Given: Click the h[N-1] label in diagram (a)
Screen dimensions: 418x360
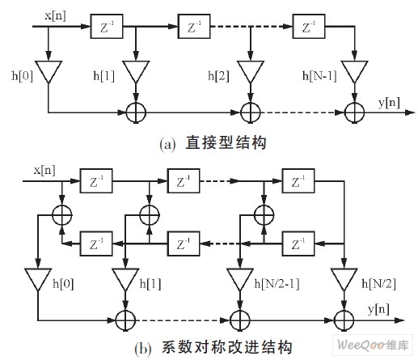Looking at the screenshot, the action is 319,76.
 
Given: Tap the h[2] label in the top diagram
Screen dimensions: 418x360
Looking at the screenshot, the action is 218,76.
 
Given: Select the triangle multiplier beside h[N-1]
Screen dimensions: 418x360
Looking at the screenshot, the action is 354,71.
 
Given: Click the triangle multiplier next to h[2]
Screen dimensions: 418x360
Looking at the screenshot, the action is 251,71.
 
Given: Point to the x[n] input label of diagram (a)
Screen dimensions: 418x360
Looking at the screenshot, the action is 55,15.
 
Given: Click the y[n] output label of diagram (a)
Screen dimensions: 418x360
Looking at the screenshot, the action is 389,103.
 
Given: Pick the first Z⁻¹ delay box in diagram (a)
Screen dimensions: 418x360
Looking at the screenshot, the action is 107,27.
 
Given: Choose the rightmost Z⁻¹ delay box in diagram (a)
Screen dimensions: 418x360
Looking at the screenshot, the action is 309,27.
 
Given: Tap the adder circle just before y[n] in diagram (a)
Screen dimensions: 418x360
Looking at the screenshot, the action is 355,112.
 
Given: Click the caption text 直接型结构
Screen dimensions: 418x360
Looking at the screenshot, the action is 226,142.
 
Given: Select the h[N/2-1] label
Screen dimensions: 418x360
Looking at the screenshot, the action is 277,284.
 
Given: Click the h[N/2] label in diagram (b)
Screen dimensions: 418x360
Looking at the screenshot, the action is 378,284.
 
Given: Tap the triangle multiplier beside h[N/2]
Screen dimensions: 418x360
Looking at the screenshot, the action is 344,279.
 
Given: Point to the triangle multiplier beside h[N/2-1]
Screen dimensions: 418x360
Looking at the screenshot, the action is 240,279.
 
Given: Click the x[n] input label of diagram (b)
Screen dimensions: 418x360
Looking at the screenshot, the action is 44,170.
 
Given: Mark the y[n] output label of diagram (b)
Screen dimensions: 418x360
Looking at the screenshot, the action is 378,309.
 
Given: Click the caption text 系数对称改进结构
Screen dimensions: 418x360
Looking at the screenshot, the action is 227,347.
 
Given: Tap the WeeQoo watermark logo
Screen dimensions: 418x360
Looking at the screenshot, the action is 373,345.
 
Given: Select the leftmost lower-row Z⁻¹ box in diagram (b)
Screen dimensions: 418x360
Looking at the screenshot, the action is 96,244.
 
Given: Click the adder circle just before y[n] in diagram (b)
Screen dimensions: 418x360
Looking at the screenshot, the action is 344,320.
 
